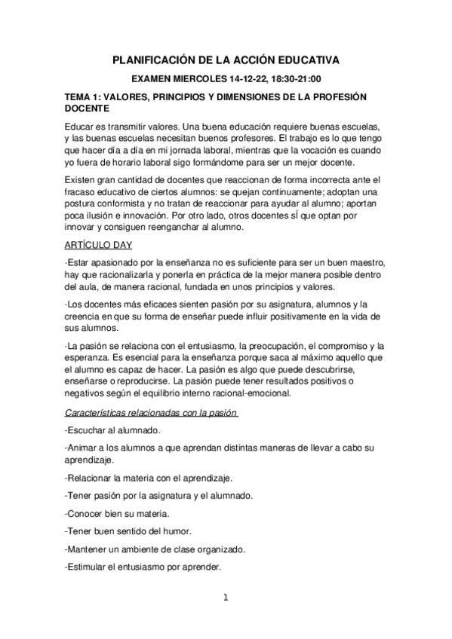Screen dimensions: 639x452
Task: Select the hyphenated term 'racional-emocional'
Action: pyautogui.click(x=257, y=393)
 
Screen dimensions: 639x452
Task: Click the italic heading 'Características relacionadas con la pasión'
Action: pyautogui.click(x=151, y=413)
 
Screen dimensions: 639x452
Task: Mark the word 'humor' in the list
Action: pyautogui.click(x=175, y=531)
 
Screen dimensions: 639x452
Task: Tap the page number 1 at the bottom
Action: pyautogui.click(x=226, y=599)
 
